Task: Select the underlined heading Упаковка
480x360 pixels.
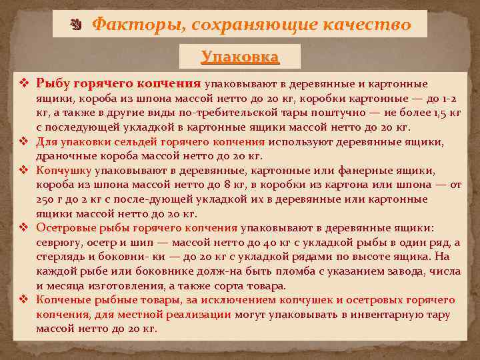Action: pos(240,57)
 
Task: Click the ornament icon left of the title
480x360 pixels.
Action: pos(75,25)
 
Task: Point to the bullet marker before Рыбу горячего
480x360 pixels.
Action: pos(24,84)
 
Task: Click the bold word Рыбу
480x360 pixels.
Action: pos(51,84)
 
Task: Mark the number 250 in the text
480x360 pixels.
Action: pos(45,199)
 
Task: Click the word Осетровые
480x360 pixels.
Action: pos(64,228)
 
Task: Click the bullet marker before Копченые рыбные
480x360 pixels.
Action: pos(24,300)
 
